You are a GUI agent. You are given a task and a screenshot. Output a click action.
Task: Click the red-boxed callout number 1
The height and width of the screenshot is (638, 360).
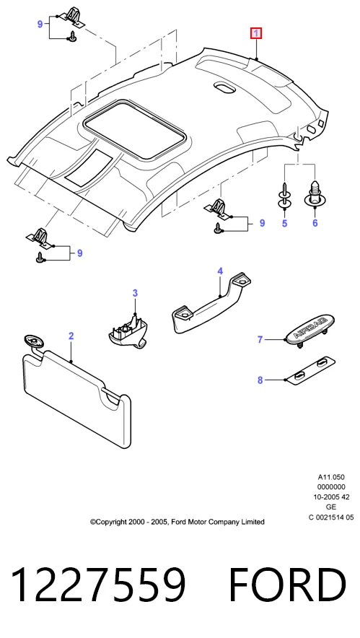[x=256, y=33]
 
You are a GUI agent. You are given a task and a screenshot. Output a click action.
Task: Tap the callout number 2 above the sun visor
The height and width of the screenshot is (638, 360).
[x=71, y=336]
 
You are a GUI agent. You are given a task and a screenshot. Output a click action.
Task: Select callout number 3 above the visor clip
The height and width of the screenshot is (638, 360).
[x=135, y=293]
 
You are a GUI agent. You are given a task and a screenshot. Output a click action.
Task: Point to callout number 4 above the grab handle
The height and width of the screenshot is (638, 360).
[x=220, y=271]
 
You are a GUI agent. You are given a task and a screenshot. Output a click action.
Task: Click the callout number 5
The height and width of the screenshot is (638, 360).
[x=285, y=223]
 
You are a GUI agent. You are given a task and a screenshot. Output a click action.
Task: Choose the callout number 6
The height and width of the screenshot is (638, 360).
[x=315, y=223]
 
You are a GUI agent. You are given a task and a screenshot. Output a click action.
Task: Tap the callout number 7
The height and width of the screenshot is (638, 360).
[x=260, y=340]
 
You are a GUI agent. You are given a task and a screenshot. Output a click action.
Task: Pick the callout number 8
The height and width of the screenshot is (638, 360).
[x=260, y=380]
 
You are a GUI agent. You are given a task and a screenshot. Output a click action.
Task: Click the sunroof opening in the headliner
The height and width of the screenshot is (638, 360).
[x=135, y=129]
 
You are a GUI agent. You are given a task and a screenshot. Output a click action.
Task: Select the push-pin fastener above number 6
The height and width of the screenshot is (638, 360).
[x=315, y=194]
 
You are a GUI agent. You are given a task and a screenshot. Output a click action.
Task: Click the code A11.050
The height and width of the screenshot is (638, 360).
[x=331, y=477]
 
